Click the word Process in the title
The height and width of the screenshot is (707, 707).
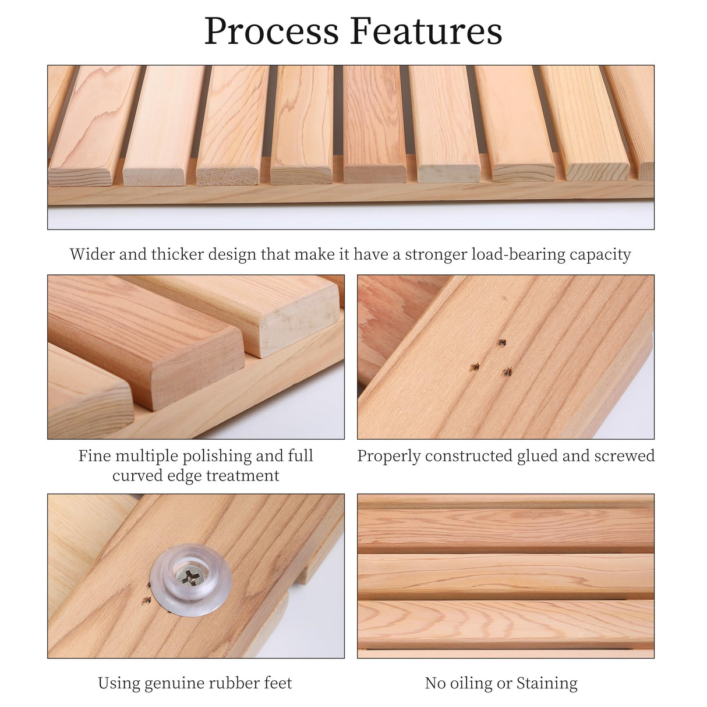[271, 31]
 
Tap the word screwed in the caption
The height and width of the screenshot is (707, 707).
[624, 456]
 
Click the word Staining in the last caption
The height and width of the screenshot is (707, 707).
[547, 683]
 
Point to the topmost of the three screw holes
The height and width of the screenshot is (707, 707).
[500, 342]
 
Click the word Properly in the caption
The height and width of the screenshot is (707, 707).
[388, 456]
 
